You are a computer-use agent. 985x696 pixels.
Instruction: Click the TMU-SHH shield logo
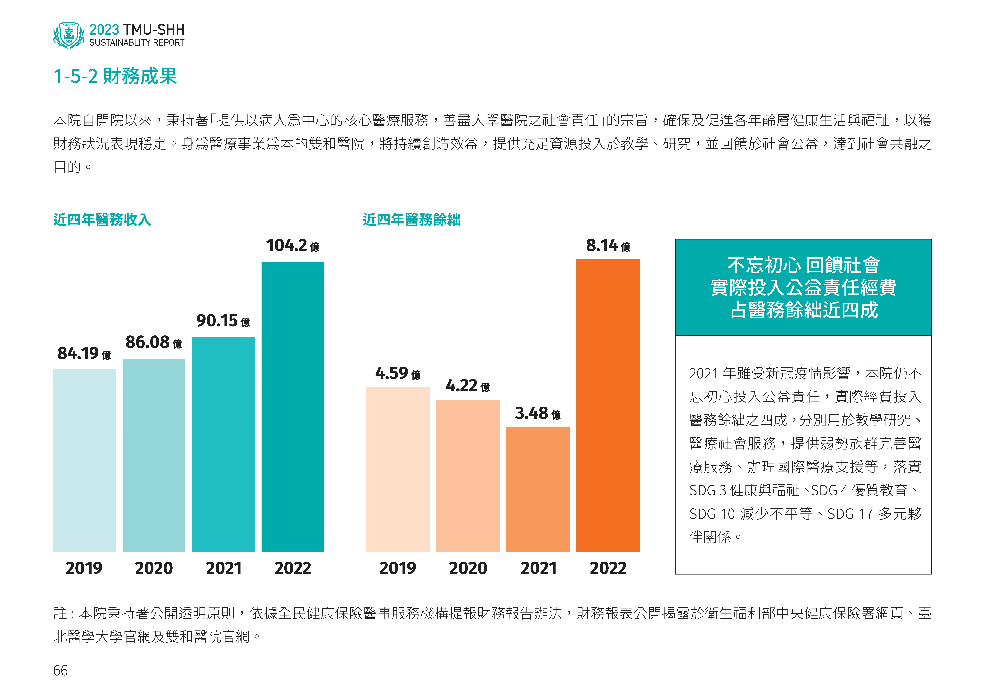[69, 35]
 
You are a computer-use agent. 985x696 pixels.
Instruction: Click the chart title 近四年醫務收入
[102, 220]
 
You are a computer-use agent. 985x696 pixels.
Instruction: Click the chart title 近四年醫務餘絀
[411, 220]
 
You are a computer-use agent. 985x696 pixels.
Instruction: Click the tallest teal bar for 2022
[293, 407]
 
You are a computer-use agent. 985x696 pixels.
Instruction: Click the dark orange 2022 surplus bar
[608, 405]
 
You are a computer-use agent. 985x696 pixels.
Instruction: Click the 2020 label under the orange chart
[468, 568]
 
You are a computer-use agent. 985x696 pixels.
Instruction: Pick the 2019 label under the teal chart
[84, 568]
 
